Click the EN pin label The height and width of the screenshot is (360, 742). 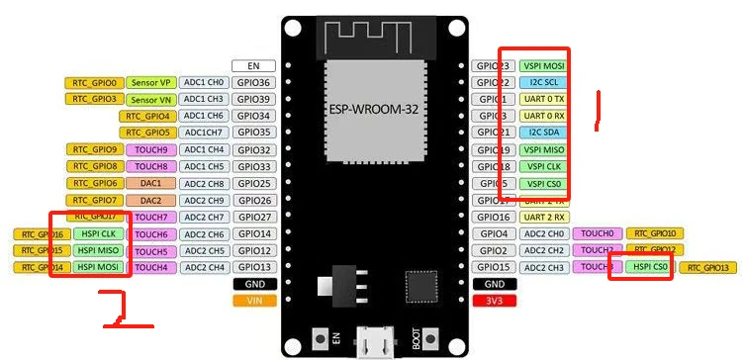coord(253,65)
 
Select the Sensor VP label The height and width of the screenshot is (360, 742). coord(151,83)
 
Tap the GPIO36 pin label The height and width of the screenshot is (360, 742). coord(253,83)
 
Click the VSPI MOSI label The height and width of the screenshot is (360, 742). coord(543,65)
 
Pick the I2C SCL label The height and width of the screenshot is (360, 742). coord(543,83)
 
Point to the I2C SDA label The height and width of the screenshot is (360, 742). coord(543,133)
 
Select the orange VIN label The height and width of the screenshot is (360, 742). coord(253,300)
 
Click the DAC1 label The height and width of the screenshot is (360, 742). coord(151,183)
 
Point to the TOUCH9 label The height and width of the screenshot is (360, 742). coord(151,150)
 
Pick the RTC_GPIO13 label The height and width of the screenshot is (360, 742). coord(708,267)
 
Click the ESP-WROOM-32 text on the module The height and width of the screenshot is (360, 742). coord(376,107)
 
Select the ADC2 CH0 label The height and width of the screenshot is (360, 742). coord(543,233)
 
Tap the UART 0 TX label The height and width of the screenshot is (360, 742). coord(543,100)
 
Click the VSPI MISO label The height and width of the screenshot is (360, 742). coord(543,150)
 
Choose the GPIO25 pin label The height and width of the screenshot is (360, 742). coord(253,183)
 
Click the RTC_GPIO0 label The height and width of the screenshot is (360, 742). coord(95,83)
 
